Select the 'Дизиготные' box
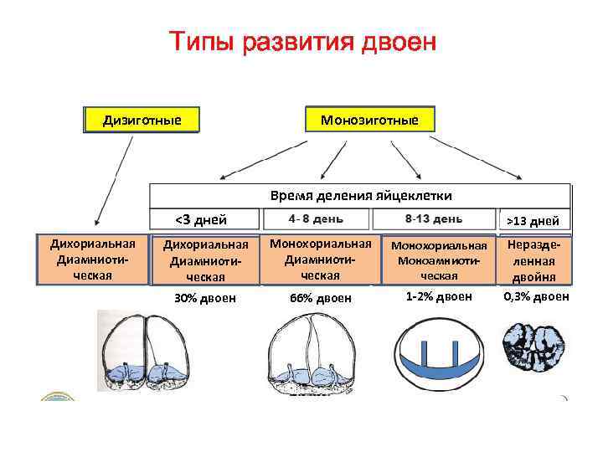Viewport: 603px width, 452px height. pyautogui.click(x=142, y=120)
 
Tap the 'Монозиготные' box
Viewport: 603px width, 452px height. pyautogui.click(x=369, y=120)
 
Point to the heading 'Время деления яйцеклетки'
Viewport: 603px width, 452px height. pyautogui.click(x=361, y=195)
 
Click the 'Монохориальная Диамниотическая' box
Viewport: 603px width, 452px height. pyautogui.click(x=320, y=259)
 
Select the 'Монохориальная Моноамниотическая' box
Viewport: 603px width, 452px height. pyautogui.click(x=439, y=260)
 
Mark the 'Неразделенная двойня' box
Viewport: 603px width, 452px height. pyautogui.click(x=535, y=260)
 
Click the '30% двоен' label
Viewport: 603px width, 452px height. pyautogui.click(x=204, y=298)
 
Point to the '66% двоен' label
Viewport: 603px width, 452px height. pyautogui.click(x=321, y=298)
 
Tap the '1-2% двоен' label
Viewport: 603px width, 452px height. pyautogui.click(x=439, y=296)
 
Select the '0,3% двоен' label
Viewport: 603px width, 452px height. pyautogui.click(x=536, y=296)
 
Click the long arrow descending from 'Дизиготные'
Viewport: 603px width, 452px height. pyautogui.click(x=114, y=178)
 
